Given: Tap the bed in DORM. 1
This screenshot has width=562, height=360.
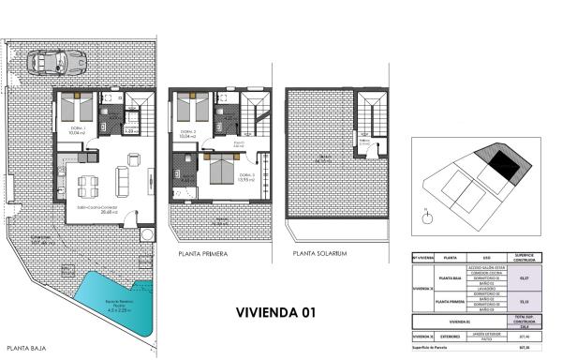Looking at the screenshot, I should (x=78, y=105).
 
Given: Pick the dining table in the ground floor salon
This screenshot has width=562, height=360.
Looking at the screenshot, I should (x=88, y=181).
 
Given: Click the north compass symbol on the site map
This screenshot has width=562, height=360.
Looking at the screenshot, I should (x=427, y=217).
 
